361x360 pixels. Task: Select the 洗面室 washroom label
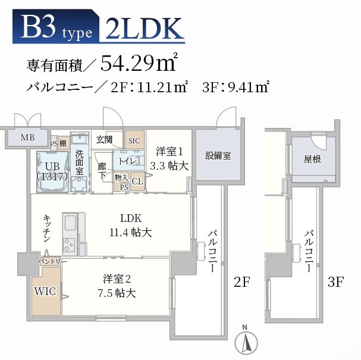(79, 161)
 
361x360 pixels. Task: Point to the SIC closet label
(134, 140)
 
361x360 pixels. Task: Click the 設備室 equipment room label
(218, 156)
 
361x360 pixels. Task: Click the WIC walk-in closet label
(45, 292)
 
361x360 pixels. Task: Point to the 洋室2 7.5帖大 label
(119, 286)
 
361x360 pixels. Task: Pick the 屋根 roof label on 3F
(312, 159)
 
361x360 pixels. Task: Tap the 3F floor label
(336, 282)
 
